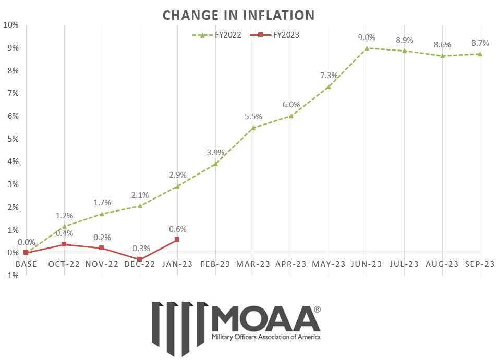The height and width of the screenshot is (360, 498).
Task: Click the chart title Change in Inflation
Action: [238, 15]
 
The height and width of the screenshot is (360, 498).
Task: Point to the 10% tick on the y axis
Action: [11, 25]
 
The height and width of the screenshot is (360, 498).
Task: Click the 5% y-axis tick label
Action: [12, 139]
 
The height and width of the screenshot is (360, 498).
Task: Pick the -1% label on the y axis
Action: [11, 276]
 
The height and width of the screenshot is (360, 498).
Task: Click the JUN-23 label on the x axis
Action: [367, 264]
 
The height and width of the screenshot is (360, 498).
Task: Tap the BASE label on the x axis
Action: [26, 264]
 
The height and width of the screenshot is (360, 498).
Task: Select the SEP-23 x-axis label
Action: [480, 264]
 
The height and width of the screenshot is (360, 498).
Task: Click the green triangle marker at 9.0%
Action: [367, 48]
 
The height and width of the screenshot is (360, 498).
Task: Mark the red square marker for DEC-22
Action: [140, 259]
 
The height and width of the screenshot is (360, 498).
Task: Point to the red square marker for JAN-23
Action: [177, 239]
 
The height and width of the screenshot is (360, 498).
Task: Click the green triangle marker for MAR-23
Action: [253, 128]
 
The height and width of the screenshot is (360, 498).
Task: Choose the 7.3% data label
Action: [329, 76]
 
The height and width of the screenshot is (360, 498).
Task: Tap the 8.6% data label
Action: [442, 45]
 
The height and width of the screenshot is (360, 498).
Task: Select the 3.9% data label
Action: [215, 153]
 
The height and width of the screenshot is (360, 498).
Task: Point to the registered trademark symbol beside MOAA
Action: [318, 309]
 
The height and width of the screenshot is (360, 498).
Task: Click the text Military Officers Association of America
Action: [266, 337]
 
